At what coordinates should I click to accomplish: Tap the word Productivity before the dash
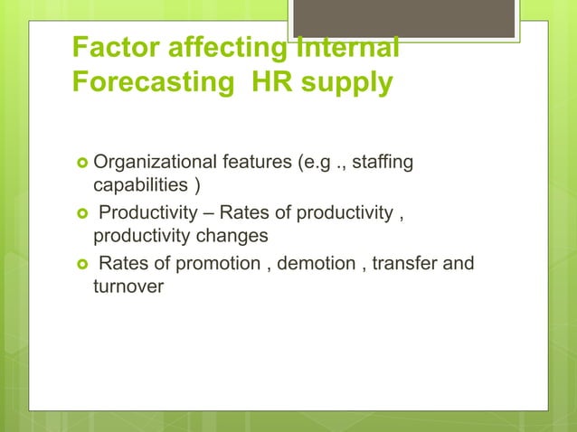(x=149, y=214)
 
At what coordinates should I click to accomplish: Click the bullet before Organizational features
(x=81, y=164)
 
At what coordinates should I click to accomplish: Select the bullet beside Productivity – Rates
(x=81, y=214)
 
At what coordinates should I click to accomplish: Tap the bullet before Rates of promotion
(x=81, y=265)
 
